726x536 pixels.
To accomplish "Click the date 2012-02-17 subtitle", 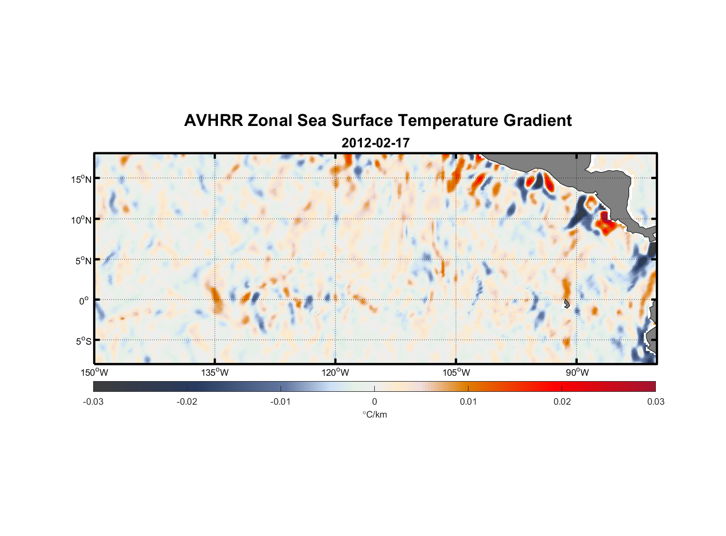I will point(375,143).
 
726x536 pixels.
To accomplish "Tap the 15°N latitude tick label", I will point(81,179).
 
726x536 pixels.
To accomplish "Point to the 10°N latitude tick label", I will point(81,220).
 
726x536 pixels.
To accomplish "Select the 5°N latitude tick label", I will point(83,260).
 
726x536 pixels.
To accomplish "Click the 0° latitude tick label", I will point(84,301).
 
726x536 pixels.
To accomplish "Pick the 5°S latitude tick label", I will point(83,341).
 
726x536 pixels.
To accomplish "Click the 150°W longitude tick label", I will point(95,373).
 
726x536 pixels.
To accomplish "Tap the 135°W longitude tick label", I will point(215,373).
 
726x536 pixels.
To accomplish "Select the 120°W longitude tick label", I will point(336,373).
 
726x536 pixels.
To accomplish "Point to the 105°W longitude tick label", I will point(456,373).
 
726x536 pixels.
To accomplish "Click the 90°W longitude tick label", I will point(577,373).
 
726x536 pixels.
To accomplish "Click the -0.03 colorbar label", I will point(93,401).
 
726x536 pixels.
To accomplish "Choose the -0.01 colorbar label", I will point(281,401).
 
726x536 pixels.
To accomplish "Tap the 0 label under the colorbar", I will point(374,401).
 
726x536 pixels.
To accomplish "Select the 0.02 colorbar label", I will point(562,401).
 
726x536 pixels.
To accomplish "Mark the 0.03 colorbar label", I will point(655,401).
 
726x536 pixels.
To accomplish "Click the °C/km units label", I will point(374,414).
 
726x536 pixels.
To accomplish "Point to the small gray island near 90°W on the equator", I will point(566,304).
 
